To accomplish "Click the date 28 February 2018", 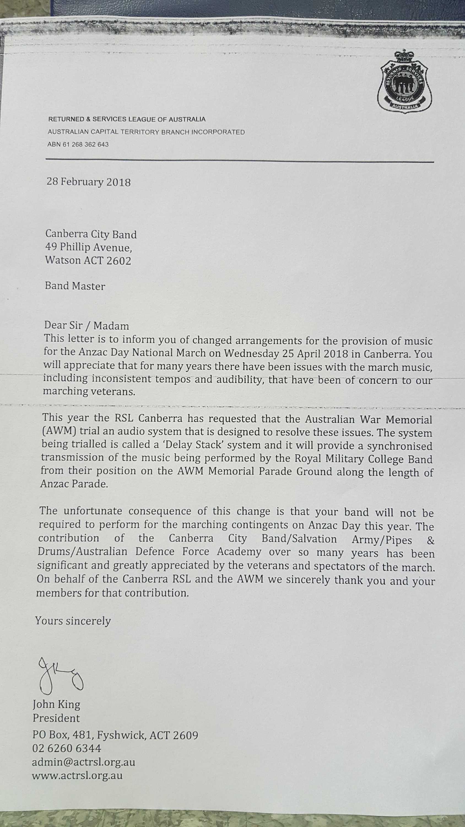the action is click(x=89, y=182).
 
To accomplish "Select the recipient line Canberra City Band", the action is click(x=91, y=234).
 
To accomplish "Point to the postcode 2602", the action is click(x=119, y=261).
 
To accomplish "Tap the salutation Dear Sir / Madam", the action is click(x=87, y=326).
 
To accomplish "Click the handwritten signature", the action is click(x=60, y=674).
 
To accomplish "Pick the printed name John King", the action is click(x=56, y=704).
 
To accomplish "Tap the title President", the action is click(x=56, y=718).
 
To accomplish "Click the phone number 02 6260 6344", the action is click(x=66, y=748).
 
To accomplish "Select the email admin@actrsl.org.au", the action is click(x=83, y=762).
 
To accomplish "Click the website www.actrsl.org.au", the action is click(x=77, y=776).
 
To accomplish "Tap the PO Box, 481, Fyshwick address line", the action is click(x=115, y=735).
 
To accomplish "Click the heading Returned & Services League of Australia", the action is click(x=127, y=119).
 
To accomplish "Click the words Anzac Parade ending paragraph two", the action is click(x=74, y=484).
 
